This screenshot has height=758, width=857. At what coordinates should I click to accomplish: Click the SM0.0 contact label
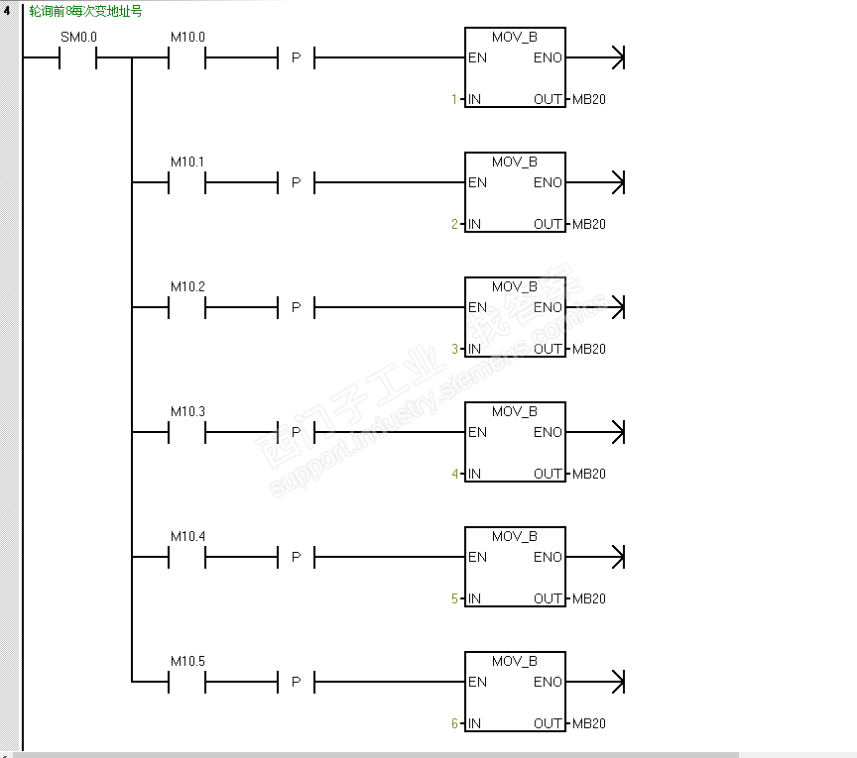click(x=78, y=38)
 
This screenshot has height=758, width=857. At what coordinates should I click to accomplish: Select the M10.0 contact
click(x=186, y=58)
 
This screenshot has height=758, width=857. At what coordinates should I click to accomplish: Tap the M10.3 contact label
click(x=186, y=411)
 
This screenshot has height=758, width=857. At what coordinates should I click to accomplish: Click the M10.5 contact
click(x=186, y=682)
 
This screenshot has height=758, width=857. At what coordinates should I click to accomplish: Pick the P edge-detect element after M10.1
click(x=296, y=183)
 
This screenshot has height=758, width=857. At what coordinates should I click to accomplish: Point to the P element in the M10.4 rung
click(x=296, y=558)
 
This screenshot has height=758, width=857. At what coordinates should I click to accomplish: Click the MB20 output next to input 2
click(x=588, y=224)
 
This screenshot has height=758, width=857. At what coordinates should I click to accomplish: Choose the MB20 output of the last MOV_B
click(x=588, y=723)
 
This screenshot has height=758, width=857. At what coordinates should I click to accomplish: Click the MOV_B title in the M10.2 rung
click(x=514, y=286)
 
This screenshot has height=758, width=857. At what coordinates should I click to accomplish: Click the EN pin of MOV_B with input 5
click(x=478, y=557)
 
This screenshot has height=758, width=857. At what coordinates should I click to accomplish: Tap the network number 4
click(x=8, y=12)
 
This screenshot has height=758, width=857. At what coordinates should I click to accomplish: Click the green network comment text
click(x=85, y=12)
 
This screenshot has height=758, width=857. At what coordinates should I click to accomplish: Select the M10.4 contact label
click(x=186, y=536)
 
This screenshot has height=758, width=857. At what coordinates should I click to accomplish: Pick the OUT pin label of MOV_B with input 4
click(x=548, y=474)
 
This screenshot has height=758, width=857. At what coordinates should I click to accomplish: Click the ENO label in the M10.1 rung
click(x=548, y=182)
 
